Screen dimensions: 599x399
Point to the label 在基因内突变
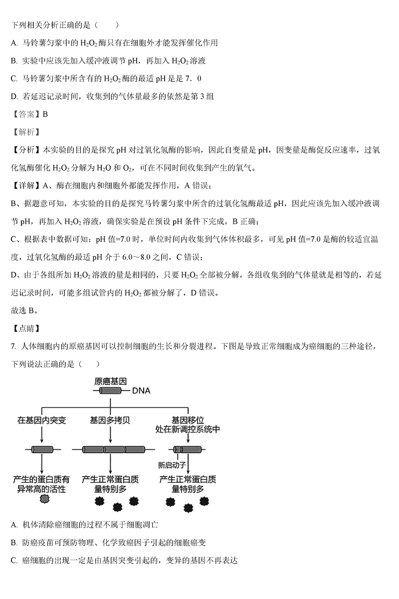pyautogui.click(x=41, y=420)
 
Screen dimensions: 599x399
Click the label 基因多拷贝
pyautogui.click(x=110, y=420)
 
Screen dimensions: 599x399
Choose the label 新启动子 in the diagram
pyautogui.click(x=172, y=465)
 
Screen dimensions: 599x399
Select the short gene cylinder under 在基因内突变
pyautogui.click(x=42, y=450)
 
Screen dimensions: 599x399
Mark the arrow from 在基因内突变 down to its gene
pyautogui.click(x=42, y=435)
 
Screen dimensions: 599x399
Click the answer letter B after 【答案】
pyautogui.click(x=45, y=114)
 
